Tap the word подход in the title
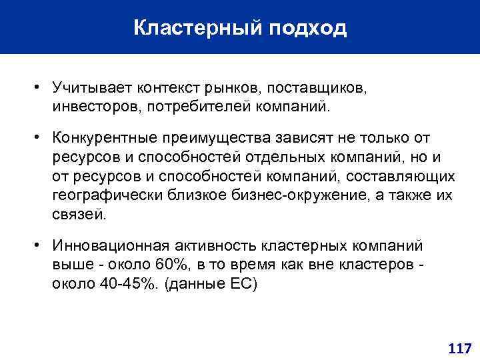click(x=309, y=29)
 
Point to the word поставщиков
click(x=317, y=88)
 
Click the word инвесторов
click(x=97, y=106)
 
